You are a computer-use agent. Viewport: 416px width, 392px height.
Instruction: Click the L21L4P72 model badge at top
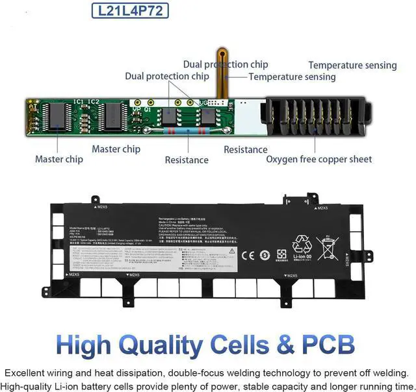(131, 11)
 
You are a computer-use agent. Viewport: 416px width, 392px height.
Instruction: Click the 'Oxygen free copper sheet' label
(319, 159)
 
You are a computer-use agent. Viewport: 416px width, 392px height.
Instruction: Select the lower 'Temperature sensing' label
(292, 77)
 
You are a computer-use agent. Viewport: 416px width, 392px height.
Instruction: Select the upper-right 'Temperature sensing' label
(352, 65)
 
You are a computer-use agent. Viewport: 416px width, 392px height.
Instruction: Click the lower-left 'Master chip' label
(59, 159)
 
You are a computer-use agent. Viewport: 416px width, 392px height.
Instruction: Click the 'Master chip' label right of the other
(116, 149)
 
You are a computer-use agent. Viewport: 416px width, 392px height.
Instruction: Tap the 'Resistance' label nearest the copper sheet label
(246, 149)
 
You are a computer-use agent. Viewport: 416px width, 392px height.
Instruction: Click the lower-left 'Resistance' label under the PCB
(187, 160)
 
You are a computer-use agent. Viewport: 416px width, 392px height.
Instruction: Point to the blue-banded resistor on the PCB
(188, 130)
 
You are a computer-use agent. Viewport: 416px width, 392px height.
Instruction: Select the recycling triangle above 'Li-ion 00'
(302, 244)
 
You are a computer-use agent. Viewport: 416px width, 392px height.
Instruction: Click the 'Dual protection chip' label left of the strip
(167, 77)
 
